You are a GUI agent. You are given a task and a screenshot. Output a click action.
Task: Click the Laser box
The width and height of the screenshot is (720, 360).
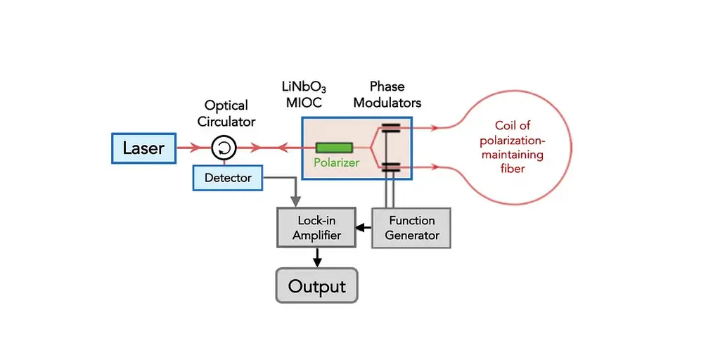tap(143, 148)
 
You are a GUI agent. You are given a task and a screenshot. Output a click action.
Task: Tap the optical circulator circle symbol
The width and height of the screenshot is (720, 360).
tap(224, 148)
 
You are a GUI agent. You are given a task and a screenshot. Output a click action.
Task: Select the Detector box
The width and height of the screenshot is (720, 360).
tap(228, 178)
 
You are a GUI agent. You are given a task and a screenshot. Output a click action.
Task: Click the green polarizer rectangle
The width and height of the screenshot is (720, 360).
tap(334, 148)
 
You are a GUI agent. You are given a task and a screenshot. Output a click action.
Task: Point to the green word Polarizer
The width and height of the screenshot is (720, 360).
tap(337, 162)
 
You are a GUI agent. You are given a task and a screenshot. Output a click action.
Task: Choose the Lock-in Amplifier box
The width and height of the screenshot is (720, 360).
tap(317, 228)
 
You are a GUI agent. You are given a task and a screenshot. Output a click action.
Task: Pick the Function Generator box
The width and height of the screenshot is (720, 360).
tap(411, 228)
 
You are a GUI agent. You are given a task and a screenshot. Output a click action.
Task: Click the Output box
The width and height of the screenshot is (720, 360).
tap(317, 285)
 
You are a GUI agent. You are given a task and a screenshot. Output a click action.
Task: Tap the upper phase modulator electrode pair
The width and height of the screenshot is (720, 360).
tap(390, 128)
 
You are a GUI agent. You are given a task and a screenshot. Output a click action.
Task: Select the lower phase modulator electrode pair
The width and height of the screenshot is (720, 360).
tap(390, 167)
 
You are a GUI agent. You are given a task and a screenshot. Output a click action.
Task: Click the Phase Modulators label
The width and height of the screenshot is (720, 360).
tap(387, 95)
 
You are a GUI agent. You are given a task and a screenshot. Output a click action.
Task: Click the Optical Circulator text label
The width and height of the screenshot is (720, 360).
tap(226, 113)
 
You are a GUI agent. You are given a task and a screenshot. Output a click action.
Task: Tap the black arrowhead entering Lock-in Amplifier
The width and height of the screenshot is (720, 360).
tap(361, 227)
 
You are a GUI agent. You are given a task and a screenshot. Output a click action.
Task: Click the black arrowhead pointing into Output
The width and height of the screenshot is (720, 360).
tap(317, 262)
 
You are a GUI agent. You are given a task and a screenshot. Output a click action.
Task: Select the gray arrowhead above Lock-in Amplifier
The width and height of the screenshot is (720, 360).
tap(295, 201)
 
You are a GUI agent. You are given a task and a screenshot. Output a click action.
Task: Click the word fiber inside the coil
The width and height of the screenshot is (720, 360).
tap(513, 169)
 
